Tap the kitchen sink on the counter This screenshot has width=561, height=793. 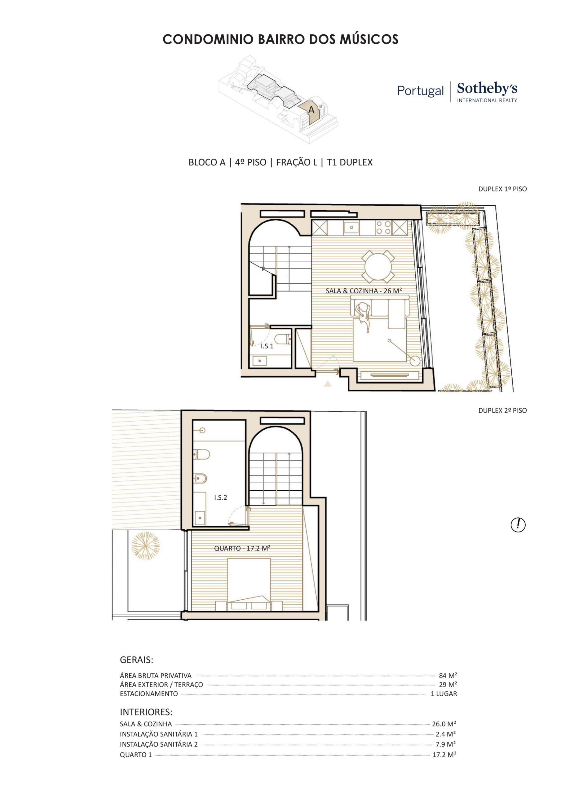[351, 228]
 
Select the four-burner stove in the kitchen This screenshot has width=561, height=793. [383, 228]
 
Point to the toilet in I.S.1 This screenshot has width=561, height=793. [284, 339]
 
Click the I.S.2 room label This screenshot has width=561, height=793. [221, 497]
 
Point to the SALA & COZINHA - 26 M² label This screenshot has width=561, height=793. [364, 291]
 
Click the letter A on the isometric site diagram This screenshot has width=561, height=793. [311, 110]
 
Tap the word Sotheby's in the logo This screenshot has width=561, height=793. [487, 88]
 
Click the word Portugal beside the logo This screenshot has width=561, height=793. [420, 91]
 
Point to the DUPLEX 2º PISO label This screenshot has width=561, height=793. [503, 410]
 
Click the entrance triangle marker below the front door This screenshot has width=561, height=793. [328, 383]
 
